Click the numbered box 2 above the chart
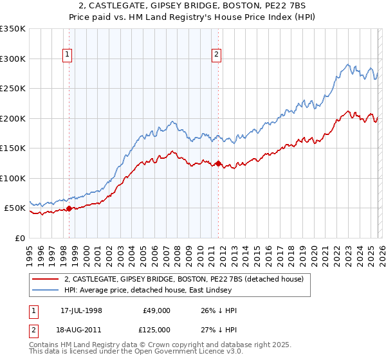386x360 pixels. [217, 55]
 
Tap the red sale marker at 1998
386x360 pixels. [69, 208]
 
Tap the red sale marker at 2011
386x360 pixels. [218, 163]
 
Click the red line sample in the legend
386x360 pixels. [46, 279]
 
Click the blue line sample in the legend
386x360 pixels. [46, 291]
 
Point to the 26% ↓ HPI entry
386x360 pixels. [219, 310]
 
